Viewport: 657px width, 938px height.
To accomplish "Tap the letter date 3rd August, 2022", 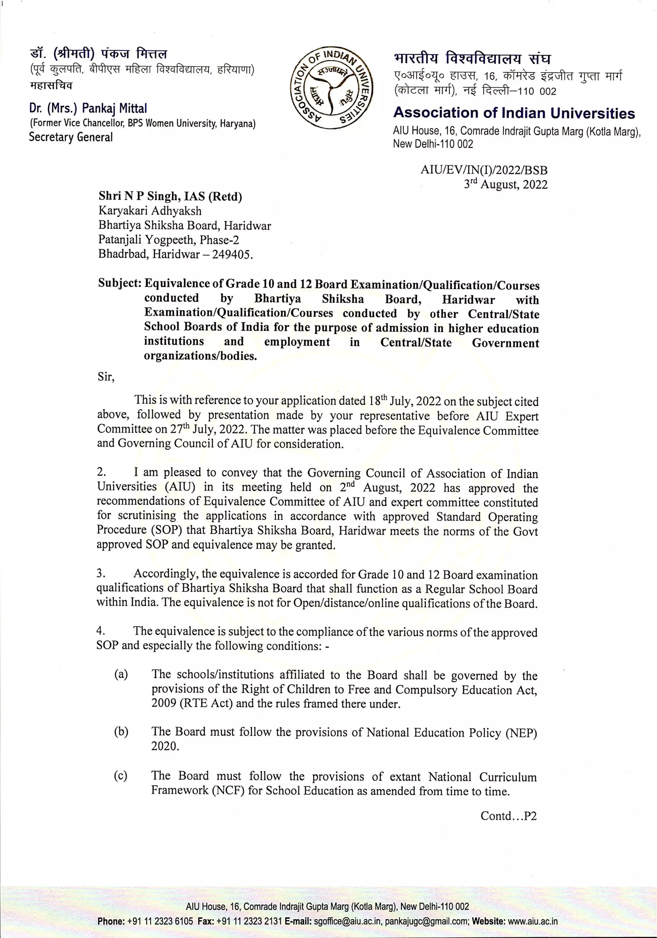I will click(x=506, y=185).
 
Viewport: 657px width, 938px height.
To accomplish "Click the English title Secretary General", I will click(x=71, y=137).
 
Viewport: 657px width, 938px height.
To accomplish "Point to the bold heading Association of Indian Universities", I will click(x=514, y=113).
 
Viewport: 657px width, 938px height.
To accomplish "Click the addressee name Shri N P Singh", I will click(x=139, y=196).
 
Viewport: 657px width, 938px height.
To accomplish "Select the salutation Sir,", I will click(x=106, y=376).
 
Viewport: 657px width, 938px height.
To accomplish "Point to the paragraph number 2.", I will click(x=101, y=472).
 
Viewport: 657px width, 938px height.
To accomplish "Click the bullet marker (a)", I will click(x=121, y=674).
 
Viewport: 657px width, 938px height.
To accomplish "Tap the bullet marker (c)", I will click(x=121, y=776).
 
